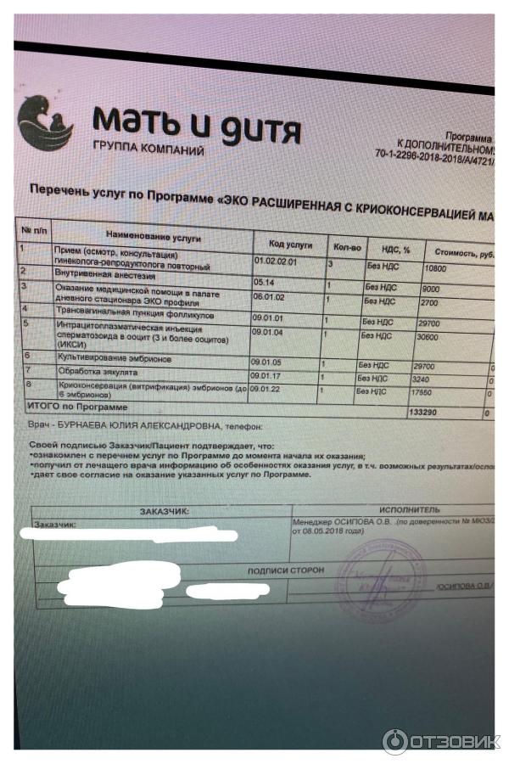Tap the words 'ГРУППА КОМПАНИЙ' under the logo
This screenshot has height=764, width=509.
(149, 149)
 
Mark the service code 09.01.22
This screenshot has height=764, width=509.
(266, 388)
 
